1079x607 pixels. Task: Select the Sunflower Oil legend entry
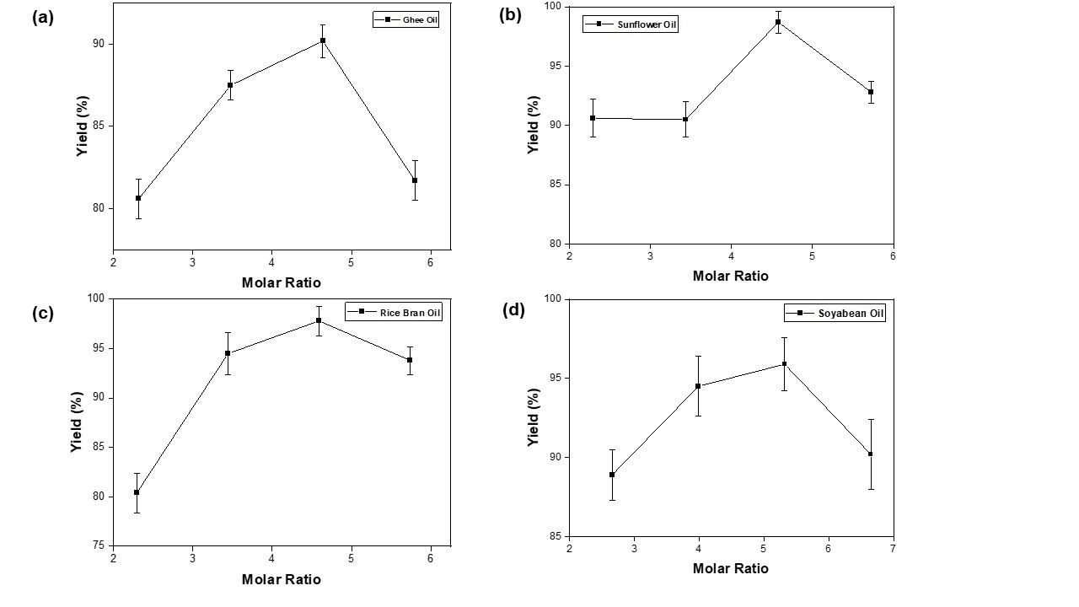630,24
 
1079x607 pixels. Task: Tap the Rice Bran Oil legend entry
394,312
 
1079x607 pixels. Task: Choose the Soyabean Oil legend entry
835,314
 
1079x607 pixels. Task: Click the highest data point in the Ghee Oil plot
323,40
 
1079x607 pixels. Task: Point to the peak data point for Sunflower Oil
778,22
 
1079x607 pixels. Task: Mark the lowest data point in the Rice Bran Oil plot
137,492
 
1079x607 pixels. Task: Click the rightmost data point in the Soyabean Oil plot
871,454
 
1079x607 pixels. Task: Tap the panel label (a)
43,17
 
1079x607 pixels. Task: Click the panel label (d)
513,309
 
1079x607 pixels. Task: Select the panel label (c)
43,313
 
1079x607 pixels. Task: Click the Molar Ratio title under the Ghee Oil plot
282,282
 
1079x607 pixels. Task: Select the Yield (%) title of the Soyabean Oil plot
533,417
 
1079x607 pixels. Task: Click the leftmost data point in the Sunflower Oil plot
593,118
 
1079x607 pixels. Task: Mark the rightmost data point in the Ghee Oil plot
415,180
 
